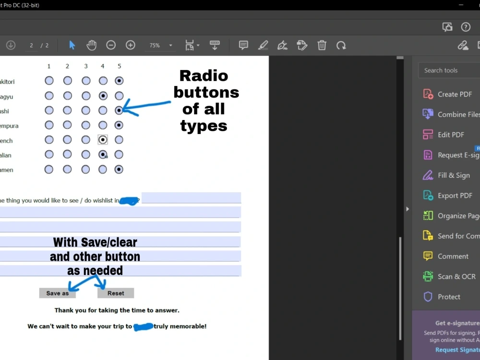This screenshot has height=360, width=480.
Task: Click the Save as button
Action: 57,293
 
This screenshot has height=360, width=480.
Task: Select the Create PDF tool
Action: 454,94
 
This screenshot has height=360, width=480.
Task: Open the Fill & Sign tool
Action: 453,175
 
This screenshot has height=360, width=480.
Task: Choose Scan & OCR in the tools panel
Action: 456,276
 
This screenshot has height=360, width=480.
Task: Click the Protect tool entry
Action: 448,297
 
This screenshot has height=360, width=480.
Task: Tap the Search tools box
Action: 449,71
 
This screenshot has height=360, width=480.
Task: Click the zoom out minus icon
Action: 111,45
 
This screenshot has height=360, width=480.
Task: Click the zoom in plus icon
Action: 130,45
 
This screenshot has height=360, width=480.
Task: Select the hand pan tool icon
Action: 91,45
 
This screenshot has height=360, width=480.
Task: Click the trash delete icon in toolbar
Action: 322,45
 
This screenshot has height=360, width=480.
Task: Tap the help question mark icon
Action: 466,27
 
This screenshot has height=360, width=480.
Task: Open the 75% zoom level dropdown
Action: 170,46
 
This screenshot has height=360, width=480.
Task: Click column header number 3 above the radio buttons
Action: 86,66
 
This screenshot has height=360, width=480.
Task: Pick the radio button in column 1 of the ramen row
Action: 49,169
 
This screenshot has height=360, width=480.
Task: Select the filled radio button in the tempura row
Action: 119,125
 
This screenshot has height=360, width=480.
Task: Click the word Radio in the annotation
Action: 204,76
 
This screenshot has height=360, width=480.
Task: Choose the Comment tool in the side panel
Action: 453,256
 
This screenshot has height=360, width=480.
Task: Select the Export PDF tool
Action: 454,195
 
